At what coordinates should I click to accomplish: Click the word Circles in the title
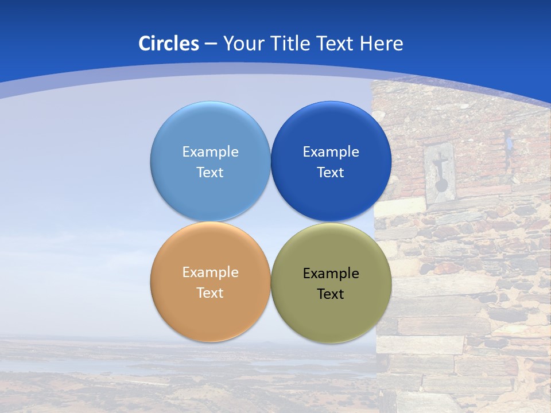tap(168, 44)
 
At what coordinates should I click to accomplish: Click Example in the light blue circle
tap(210, 151)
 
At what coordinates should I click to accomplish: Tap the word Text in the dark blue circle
tap(331, 172)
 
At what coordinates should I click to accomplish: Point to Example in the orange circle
tap(210, 272)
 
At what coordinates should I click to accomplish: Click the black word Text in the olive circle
tap(331, 294)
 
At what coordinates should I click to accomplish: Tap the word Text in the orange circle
tap(210, 293)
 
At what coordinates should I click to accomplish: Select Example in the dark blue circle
tap(331, 151)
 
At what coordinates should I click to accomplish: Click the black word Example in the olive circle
tap(331, 273)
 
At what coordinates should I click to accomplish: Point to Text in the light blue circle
tap(210, 172)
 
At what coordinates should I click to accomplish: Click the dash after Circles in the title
tap(210, 44)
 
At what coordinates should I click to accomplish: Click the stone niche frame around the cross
tap(429, 172)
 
